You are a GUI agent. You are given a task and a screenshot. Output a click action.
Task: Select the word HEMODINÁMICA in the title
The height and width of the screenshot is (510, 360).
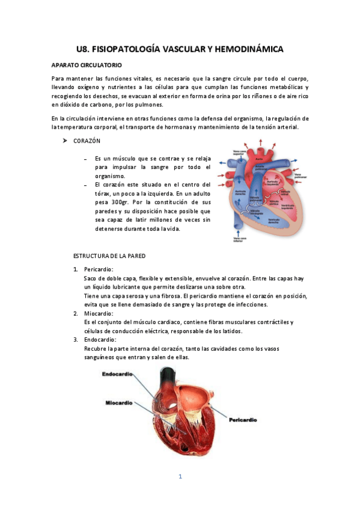tap(248, 49)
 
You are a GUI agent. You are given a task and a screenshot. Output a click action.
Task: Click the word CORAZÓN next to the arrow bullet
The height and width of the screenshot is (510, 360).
tap(87, 141)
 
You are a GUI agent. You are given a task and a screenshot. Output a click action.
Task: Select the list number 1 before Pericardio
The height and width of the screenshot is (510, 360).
tap(76, 269)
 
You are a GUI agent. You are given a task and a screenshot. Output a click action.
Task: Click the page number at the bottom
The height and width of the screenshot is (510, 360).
tap(180, 476)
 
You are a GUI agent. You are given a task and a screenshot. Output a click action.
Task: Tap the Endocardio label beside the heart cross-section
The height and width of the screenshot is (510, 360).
tap(117, 375)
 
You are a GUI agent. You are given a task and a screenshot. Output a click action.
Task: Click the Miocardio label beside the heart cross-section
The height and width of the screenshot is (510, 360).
tap(119, 402)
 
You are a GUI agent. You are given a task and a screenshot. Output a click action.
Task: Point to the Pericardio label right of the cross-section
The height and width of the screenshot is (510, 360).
tap(243, 420)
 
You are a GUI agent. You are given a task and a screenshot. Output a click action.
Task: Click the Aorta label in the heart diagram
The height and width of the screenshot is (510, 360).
tap(259, 158)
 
